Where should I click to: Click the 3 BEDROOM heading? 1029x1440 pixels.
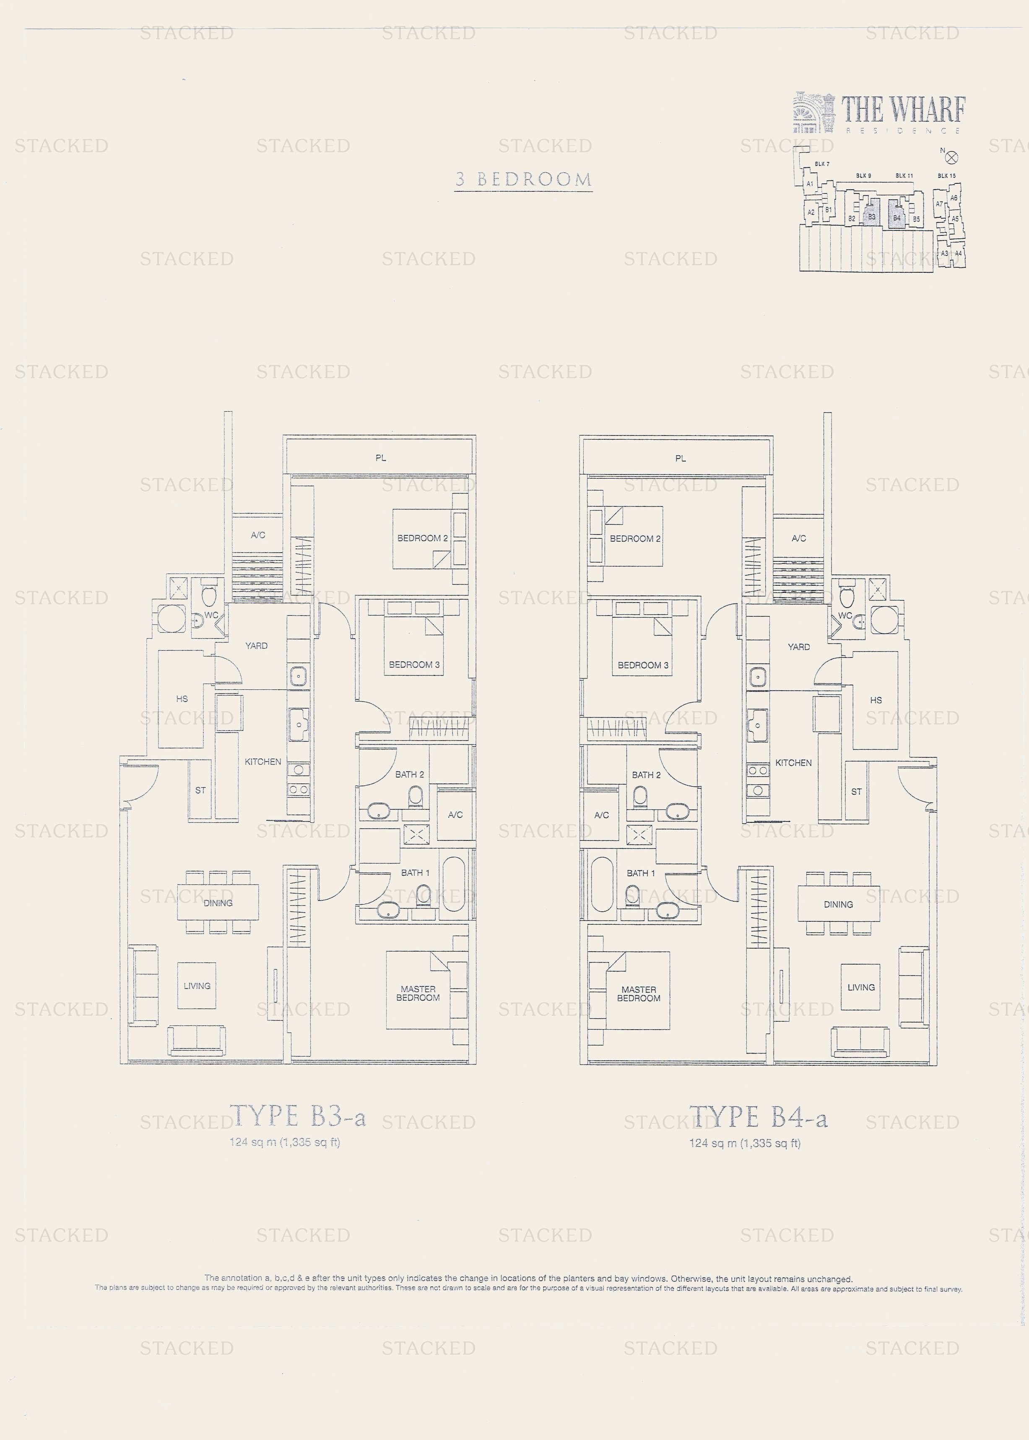pyautogui.click(x=523, y=180)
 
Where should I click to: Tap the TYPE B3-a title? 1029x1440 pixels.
pyautogui.click(x=298, y=1117)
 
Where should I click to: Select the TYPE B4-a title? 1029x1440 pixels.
pyautogui.click(x=759, y=1117)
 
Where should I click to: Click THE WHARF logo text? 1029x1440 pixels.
pyautogui.click(x=903, y=110)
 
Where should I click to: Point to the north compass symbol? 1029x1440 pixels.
pyautogui.click(x=951, y=157)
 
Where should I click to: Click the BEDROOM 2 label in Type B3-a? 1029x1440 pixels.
pyautogui.click(x=422, y=538)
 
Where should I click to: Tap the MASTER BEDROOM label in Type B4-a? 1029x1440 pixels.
pyautogui.click(x=639, y=994)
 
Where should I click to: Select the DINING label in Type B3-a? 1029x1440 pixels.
pyautogui.click(x=218, y=903)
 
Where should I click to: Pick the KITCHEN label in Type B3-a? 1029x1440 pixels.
pyautogui.click(x=263, y=762)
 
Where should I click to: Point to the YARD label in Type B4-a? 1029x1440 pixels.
pyautogui.click(x=798, y=647)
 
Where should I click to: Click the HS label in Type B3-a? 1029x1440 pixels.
pyautogui.click(x=182, y=699)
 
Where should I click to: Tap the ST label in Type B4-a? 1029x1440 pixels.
pyautogui.click(x=856, y=791)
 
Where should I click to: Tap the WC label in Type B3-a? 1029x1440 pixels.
pyautogui.click(x=211, y=615)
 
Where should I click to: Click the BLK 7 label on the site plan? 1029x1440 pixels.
pyautogui.click(x=822, y=164)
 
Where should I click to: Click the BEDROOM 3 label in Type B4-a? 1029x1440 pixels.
pyautogui.click(x=643, y=665)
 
